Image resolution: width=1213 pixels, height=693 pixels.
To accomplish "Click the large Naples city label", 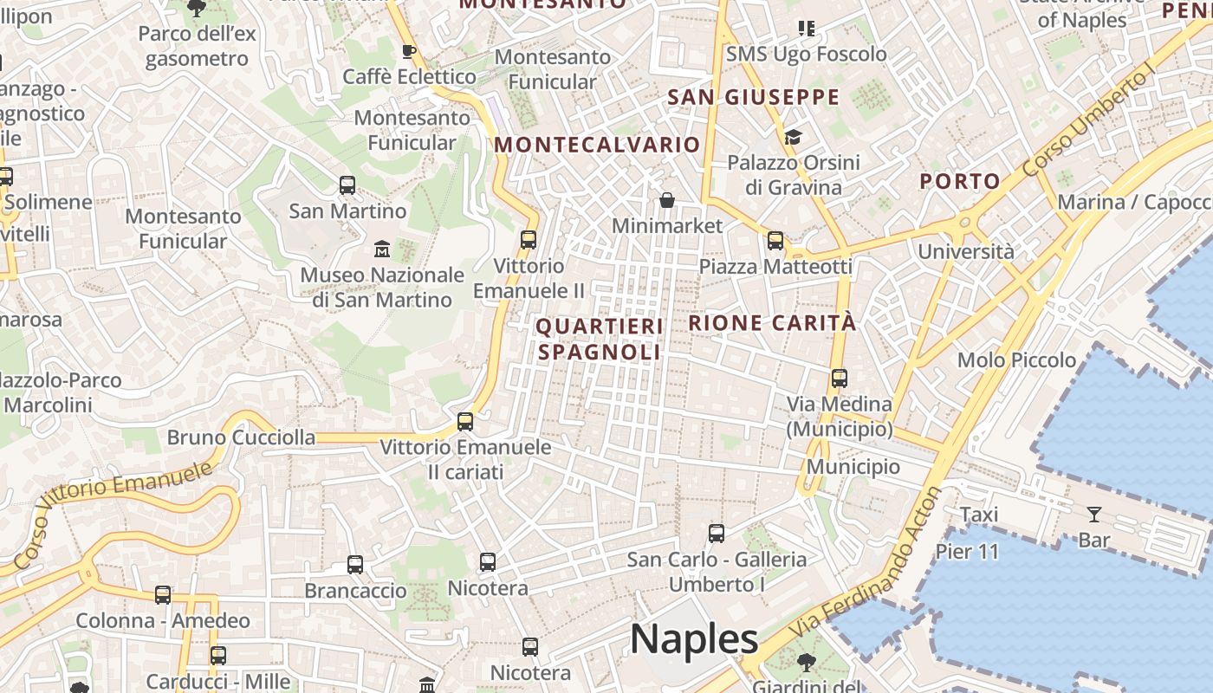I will click(x=694, y=639).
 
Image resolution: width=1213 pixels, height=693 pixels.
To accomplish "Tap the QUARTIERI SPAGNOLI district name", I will click(x=600, y=339).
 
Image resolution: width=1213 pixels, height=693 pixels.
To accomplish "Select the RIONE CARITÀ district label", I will click(x=772, y=323).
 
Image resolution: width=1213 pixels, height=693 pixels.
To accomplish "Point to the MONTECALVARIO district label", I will click(x=597, y=145).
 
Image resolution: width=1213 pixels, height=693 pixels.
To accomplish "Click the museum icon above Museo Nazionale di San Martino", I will click(x=381, y=249).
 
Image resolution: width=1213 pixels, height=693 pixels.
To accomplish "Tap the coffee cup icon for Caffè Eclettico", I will click(x=409, y=51).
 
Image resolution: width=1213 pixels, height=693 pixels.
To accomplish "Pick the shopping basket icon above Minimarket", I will click(x=667, y=201).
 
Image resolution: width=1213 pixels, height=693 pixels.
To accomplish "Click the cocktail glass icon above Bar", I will click(x=1094, y=515).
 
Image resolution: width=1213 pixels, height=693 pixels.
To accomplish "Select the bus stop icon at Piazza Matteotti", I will click(x=775, y=241).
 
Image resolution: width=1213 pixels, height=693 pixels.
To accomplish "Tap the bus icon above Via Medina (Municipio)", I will click(x=839, y=379).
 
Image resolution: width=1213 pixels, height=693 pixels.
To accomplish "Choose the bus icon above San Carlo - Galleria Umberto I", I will click(x=717, y=534).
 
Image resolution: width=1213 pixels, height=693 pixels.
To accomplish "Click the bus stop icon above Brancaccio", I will click(x=355, y=565).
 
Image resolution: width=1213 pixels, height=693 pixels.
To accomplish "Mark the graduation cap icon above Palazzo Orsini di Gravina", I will click(x=793, y=137).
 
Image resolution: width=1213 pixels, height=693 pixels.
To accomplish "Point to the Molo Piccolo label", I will click(x=1016, y=359).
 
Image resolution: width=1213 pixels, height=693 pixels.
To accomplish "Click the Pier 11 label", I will click(x=968, y=552).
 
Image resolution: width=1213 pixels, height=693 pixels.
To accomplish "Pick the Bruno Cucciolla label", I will click(x=241, y=437).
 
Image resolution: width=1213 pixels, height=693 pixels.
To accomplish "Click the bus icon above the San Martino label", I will click(x=347, y=185).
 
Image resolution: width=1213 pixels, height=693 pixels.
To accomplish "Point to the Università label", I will click(x=966, y=252).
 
